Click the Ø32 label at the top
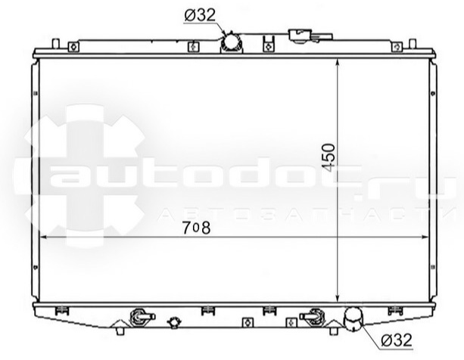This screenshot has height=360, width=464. [201, 15]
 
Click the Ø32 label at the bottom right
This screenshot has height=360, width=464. [397, 340]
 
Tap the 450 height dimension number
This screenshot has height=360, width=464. [329, 157]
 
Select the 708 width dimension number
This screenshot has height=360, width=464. [197, 228]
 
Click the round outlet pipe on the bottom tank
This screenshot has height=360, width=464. [353, 319]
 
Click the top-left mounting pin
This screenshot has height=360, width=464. [55, 44]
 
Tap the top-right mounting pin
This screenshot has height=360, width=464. [413, 44]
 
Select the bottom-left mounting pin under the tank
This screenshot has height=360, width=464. [120, 331]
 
